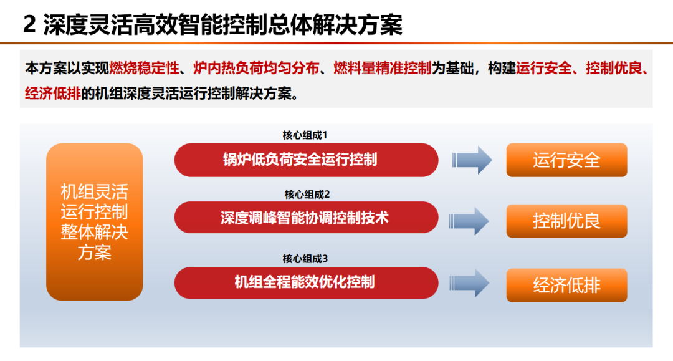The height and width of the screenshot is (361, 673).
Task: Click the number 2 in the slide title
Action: (29, 24)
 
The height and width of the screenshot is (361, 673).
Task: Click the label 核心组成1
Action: (305, 135)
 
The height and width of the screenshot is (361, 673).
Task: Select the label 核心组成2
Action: (307, 195)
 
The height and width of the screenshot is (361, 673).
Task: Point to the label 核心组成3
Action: (305, 259)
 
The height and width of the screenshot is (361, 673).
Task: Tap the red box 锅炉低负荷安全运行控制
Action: (306, 160)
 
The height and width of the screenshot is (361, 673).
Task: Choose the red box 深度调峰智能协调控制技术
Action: (306, 218)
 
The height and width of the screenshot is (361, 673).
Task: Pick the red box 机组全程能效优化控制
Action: (306, 282)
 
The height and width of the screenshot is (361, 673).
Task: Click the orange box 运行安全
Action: (566, 160)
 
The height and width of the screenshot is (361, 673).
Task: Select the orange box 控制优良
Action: (566, 221)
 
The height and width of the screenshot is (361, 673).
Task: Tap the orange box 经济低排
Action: (566, 285)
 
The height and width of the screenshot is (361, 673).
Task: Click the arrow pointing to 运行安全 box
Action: (472, 160)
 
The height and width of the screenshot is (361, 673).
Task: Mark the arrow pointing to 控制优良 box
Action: (469, 221)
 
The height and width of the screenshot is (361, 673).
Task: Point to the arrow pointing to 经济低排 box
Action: (469, 283)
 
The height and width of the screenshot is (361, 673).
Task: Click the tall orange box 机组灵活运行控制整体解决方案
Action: (95, 222)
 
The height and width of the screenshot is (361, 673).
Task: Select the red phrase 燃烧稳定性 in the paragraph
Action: (144, 68)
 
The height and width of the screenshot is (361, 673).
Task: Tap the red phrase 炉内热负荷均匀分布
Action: (256, 68)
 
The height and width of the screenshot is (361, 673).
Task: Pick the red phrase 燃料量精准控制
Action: (383, 68)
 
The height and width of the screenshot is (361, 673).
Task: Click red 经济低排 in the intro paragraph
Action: (53, 93)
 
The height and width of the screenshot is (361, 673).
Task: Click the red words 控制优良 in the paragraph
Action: (614, 68)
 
